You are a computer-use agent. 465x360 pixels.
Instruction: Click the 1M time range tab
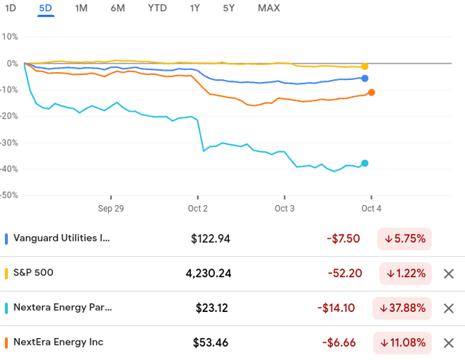point(81,8)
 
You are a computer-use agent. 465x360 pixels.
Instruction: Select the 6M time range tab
point(118,8)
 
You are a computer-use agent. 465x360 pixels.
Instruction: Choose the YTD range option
point(155,8)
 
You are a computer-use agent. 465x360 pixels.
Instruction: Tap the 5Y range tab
point(229,8)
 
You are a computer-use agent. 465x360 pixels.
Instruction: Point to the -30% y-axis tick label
point(9,143)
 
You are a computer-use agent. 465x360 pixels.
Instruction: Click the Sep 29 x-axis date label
point(110,208)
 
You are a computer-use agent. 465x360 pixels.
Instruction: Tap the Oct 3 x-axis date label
point(284,208)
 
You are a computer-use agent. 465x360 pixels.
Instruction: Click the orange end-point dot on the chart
point(371,92)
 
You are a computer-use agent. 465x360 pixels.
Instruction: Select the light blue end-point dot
point(365,163)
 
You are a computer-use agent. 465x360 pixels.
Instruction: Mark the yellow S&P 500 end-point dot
point(365,66)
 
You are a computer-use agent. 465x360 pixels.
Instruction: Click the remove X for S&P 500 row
point(448,273)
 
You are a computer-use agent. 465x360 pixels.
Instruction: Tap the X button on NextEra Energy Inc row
point(448,343)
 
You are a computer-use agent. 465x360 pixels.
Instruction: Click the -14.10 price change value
point(336,308)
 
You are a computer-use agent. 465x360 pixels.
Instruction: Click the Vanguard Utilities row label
point(62,239)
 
